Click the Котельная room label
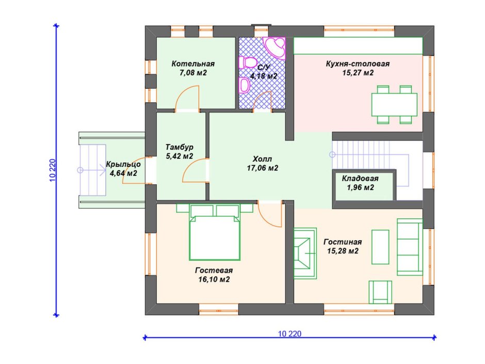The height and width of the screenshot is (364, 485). pyautogui.click(x=193, y=64)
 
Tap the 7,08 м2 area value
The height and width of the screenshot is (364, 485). pyautogui.click(x=193, y=73)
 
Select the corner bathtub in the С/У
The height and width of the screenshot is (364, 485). pyautogui.click(x=274, y=48)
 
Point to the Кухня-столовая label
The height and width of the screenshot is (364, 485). pyautogui.click(x=358, y=64)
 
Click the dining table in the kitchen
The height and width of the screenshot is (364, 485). pyautogui.click(x=394, y=105)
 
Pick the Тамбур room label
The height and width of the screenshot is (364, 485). pyautogui.click(x=180, y=147)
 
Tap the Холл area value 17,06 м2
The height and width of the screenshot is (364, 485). pyautogui.click(x=262, y=168)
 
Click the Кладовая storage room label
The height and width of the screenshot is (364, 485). pyautogui.click(x=360, y=178)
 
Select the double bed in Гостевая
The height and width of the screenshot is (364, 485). pyautogui.click(x=215, y=232)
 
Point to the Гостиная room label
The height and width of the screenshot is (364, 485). pyautogui.click(x=343, y=242)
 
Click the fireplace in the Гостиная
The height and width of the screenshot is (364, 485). pyautogui.click(x=305, y=253)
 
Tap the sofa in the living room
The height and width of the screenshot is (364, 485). pyautogui.click(x=410, y=247)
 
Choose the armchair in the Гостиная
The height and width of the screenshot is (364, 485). pyautogui.click(x=380, y=292)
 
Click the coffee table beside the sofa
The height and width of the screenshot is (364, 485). pyautogui.click(x=380, y=247)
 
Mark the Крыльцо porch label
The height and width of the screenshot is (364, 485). pyautogui.click(x=123, y=165)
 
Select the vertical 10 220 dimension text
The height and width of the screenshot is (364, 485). pyautogui.click(x=52, y=170)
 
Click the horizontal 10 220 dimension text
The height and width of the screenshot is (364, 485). pyautogui.click(x=289, y=334)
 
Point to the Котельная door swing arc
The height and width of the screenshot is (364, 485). pyautogui.click(x=187, y=97)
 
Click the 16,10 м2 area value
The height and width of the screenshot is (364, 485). pyautogui.click(x=214, y=279)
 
